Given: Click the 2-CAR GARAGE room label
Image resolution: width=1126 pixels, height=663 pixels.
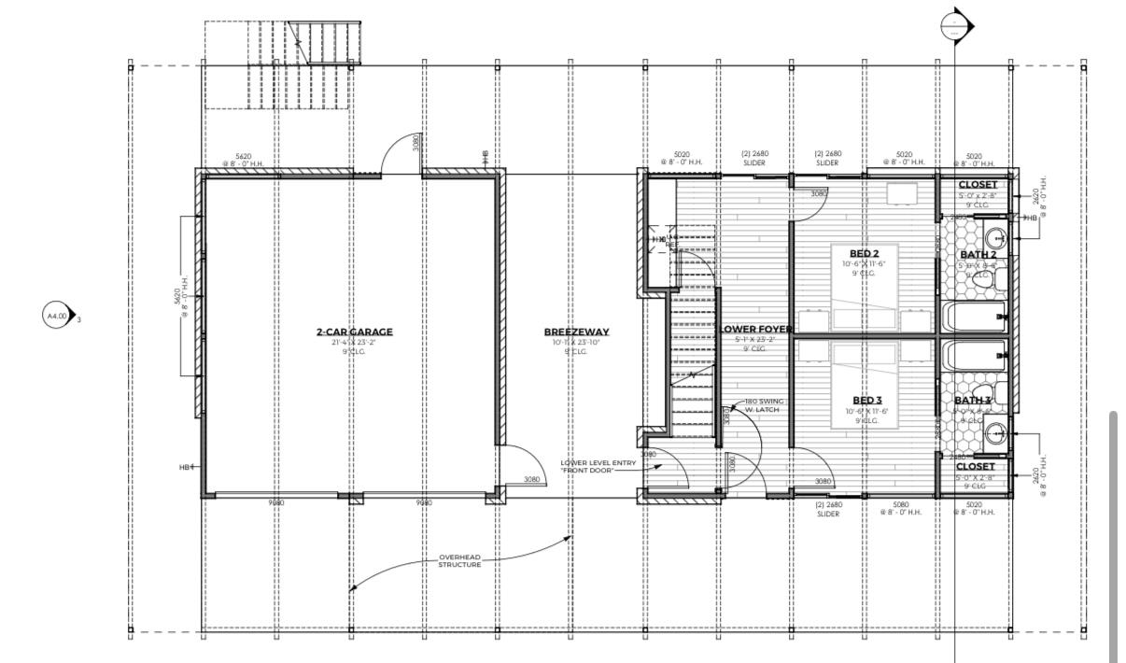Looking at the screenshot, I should click(x=354, y=331).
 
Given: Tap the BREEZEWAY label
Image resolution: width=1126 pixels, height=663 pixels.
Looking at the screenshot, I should click(x=576, y=331).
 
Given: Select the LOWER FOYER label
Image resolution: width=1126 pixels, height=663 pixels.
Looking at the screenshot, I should click(x=756, y=329).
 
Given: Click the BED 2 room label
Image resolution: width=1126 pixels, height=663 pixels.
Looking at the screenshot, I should click(x=864, y=253).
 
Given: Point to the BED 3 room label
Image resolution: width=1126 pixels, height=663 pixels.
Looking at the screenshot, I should click(x=868, y=401).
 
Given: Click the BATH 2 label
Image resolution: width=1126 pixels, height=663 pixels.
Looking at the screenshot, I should click(x=978, y=254).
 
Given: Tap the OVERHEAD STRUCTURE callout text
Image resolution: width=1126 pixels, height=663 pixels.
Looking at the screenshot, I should click(x=459, y=561).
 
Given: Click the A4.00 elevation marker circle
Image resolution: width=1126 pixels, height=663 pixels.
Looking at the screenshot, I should click(x=57, y=317).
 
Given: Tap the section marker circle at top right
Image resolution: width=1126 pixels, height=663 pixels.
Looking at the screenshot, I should click(x=953, y=26).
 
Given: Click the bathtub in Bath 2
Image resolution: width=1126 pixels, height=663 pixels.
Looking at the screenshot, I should click(x=974, y=317).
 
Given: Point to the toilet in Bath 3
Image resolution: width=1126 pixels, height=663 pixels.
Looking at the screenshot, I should click(x=993, y=432).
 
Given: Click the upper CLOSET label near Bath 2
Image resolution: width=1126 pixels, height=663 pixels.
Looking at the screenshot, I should click(x=978, y=184).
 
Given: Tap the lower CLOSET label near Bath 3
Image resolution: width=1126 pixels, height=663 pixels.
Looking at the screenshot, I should click(x=975, y=466).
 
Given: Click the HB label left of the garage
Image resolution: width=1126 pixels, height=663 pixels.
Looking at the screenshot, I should click(x=185, y=467).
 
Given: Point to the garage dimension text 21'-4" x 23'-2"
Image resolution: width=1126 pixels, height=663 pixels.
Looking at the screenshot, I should click(x=354, y=343).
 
